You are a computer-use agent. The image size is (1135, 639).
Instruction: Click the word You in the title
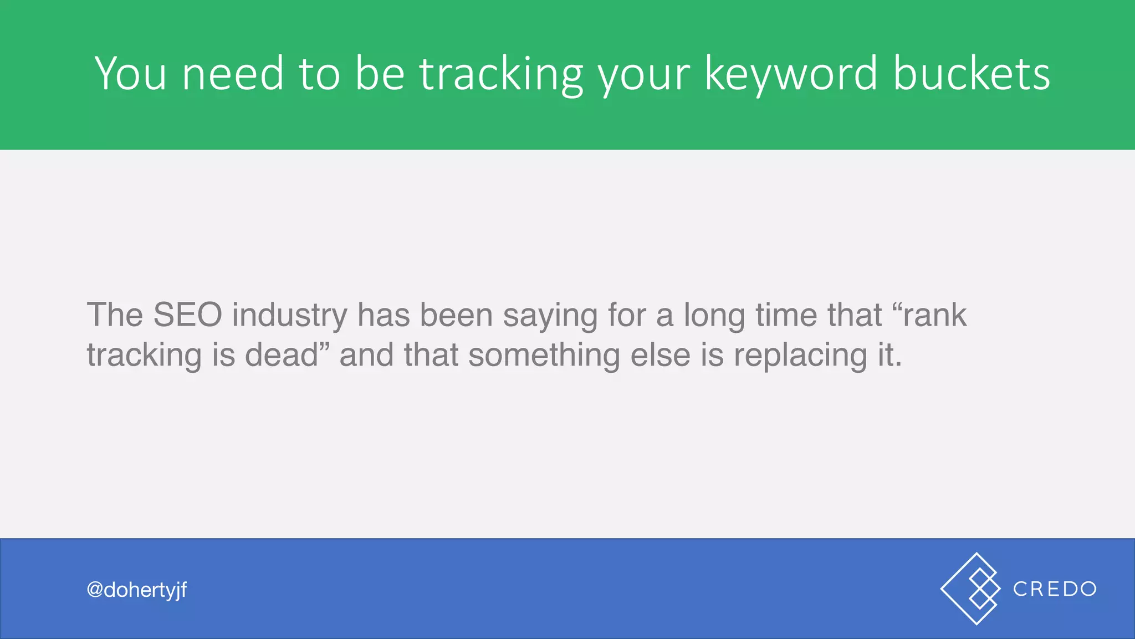click(131, 73)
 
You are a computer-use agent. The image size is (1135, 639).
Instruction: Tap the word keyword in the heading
click(791, 73)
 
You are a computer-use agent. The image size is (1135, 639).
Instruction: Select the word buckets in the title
click(972, 73)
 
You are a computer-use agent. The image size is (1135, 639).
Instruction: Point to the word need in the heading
click(233, 73)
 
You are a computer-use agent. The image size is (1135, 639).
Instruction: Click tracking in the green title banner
click(501, 73)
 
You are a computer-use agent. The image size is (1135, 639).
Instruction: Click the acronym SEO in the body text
click(187, 315)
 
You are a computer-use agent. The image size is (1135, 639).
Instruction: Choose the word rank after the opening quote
click(934, 315)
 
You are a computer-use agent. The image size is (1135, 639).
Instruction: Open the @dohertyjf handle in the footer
click(137, 590)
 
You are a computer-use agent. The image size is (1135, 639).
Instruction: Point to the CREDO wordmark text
click(1055, 589)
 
